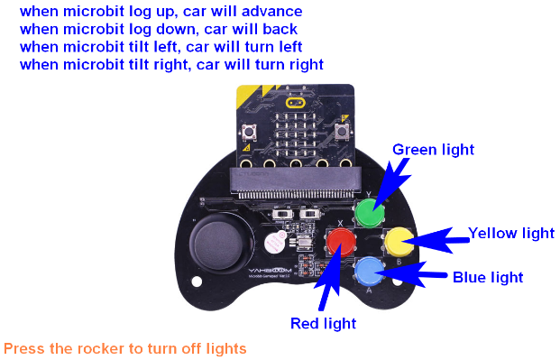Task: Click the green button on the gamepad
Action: tap(370, 213)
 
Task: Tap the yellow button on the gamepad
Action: tap(399, 242)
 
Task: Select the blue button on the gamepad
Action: tap(370, 271)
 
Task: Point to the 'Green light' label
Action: tap(433, 150)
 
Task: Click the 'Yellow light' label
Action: tap(511, 233)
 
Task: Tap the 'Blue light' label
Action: tap(488, 277)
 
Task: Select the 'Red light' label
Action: tap(323, 324)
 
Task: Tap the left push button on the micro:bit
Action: tap(249, 132)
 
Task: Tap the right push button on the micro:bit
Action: tap(342, 131)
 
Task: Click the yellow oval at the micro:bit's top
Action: tap(296, 103)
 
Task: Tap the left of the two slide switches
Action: tap(282, 214)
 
